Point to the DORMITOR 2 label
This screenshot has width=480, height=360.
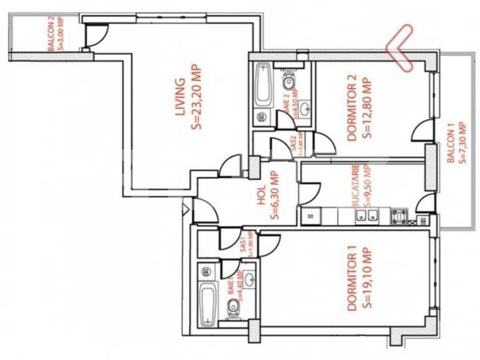[x=352, y=107]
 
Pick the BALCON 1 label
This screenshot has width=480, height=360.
[x=450, y=141]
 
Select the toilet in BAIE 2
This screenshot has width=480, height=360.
[x=289, y=81]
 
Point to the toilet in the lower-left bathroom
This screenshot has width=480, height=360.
[x=233, y=306]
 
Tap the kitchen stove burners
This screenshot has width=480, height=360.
[x=398, y=217]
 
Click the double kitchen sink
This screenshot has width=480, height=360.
[x=366, y=217]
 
